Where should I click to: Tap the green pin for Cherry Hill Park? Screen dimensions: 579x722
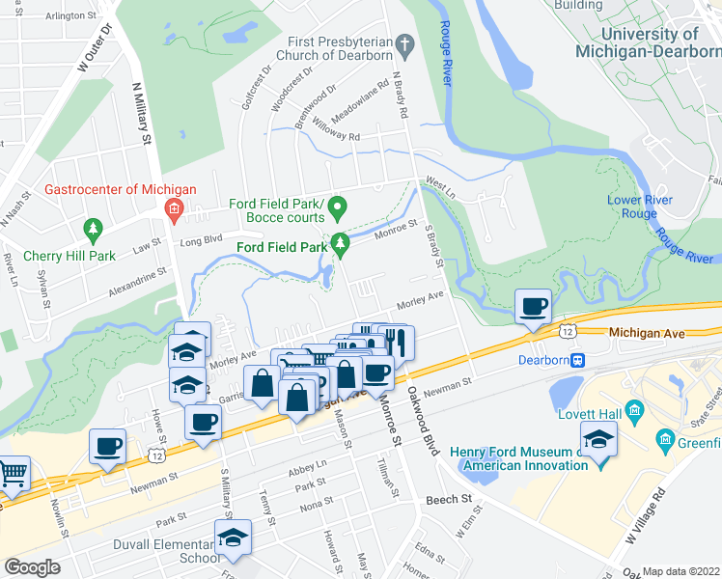[94, 230]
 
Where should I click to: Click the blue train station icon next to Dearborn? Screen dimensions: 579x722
[578, 360]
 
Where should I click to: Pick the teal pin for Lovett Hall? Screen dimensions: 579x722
[634, 413]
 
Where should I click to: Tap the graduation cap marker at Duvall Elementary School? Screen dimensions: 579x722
[233, 538]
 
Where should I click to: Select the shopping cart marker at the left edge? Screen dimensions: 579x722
[12, 473]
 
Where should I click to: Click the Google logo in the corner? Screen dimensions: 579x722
[33, 566]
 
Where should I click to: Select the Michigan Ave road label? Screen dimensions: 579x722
[647, 333]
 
